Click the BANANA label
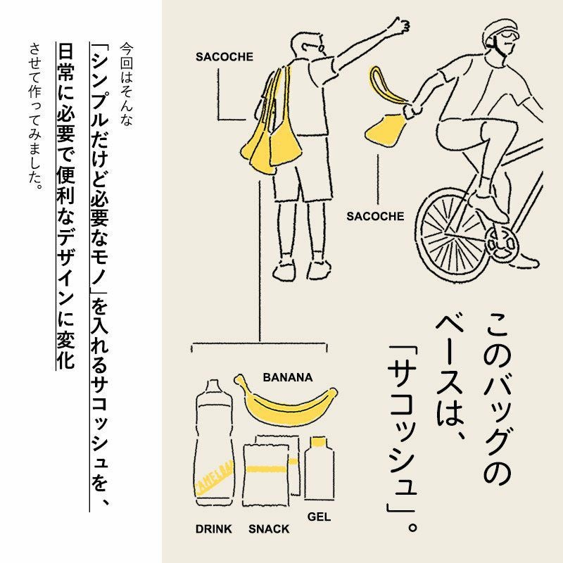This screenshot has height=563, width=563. (288, 377)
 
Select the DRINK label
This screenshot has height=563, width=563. (214, 529)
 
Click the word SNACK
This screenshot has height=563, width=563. (269, 529)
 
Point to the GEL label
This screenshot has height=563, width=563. (319, 517)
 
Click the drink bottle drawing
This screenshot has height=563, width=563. (214, 443)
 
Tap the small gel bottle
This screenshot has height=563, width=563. (320, 468)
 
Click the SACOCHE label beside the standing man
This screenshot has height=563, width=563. (224, 57)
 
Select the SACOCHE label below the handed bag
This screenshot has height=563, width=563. (375, 216)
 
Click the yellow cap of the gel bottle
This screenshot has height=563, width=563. (319, 442)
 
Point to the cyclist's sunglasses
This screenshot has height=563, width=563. (510, 35)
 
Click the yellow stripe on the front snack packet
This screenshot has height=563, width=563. (267, 469)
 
